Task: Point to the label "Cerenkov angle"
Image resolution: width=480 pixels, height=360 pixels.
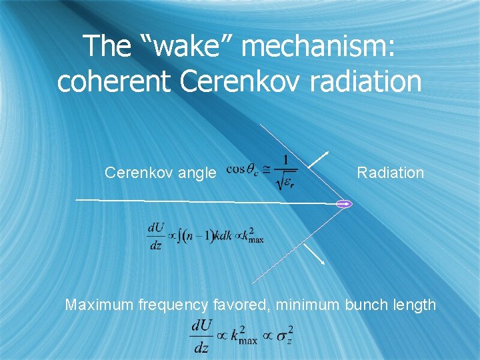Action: pos(161,173)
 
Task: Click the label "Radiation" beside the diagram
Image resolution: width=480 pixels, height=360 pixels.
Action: pos(390,173)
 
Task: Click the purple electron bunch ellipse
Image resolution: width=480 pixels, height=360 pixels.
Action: pos(343,203)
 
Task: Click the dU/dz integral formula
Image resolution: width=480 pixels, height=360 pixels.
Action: pos(205,236)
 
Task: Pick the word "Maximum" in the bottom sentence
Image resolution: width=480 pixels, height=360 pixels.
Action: pos(100,305)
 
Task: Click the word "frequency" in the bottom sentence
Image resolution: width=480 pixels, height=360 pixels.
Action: pos(174,305)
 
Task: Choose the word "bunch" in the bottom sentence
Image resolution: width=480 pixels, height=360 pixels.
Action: pos(365,305)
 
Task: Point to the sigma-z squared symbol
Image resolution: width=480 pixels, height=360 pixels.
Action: pos(285,337)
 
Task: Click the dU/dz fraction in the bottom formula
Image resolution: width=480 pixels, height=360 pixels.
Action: pos(201,337)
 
